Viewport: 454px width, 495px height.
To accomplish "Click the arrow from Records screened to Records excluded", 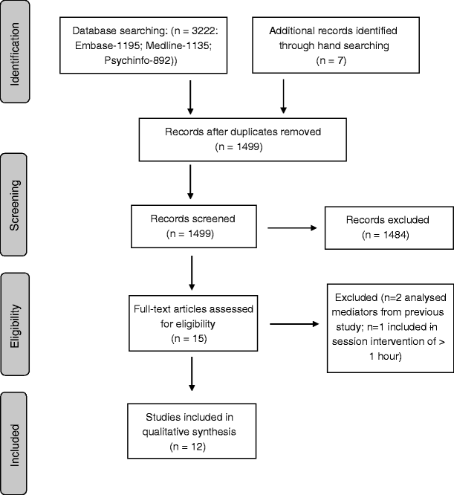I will [x=292, y=227].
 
